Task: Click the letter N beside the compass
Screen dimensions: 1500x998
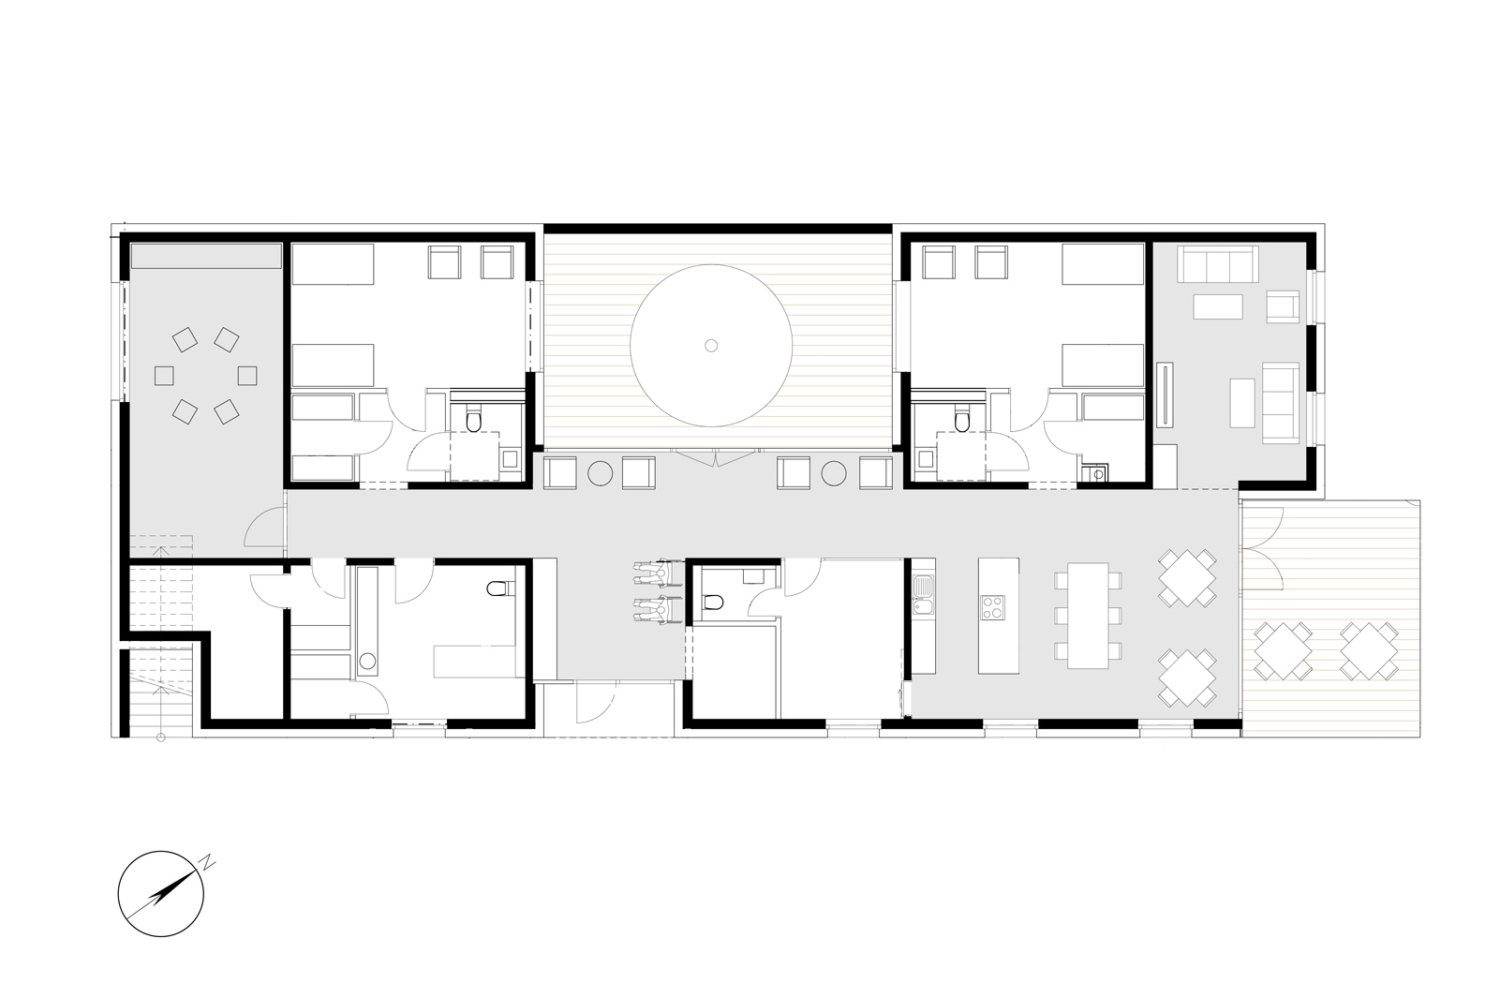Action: pos(210,861)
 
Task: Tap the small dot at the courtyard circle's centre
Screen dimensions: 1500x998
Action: pos(711,346)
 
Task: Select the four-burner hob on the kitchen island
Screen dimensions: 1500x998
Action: pos(992,607)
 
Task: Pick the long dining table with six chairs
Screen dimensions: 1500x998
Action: pos(1088,615)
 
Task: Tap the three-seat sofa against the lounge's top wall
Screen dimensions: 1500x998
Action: pos(1215,264)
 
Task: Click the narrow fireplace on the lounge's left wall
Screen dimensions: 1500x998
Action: pos(1169,394)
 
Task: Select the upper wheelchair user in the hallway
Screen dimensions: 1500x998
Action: pos(652,573)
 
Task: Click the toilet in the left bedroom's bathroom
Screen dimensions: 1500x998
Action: pos(473,422)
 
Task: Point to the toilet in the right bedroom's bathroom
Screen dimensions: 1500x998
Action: pos(962,422)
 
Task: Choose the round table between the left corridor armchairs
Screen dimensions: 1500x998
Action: pos(600,473)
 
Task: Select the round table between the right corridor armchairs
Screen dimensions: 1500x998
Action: pos(834,473)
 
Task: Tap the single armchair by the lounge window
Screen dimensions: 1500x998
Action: pos(1283,306)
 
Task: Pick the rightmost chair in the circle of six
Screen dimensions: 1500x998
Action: pos(247,376)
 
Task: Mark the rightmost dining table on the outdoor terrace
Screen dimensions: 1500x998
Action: pos(1369,650)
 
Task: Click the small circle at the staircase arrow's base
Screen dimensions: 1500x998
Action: pos(161,737)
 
